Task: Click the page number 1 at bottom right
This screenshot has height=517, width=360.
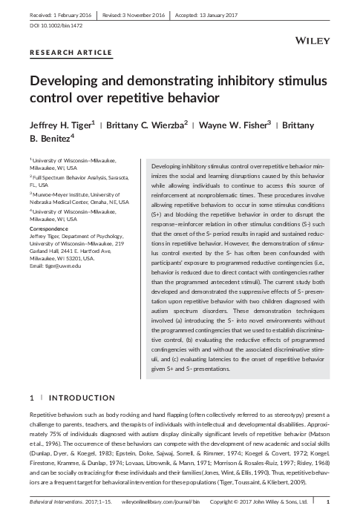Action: coord(328,502)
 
